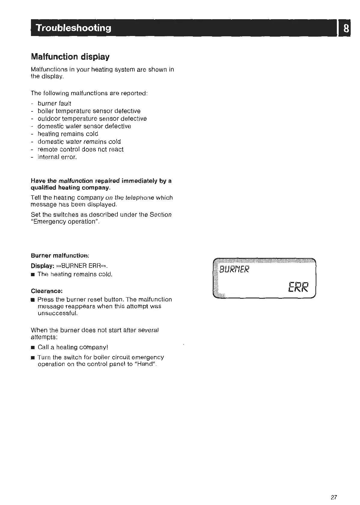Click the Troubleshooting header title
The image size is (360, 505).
point(73,28)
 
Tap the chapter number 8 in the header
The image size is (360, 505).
point(346,29)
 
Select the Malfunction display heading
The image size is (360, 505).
point(70,57)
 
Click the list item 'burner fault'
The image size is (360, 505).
point(54,104)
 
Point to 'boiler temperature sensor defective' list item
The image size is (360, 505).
point(89,111)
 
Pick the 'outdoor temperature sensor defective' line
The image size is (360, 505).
point(92,119)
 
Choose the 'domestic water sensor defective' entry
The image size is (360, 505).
point(84,126)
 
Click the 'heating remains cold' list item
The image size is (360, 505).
point(68,134)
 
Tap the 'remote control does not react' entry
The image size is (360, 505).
point(81,149)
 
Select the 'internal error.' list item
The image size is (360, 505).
point(57,157)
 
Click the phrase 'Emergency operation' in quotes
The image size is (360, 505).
point(65,222)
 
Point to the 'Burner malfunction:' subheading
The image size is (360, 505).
point(60,256)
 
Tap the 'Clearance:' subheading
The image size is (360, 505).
point(47,291)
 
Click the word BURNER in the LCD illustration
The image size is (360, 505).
point(234,269)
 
